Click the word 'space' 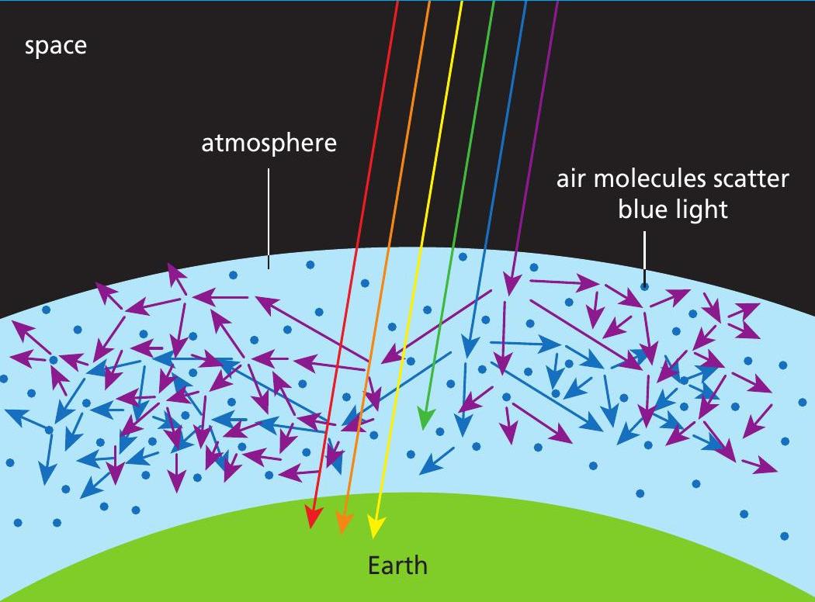56,46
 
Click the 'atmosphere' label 269,144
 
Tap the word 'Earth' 397,564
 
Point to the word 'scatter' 751,179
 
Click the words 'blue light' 673,209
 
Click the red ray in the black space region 381,116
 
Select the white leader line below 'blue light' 643,256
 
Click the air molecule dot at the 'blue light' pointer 644,287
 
